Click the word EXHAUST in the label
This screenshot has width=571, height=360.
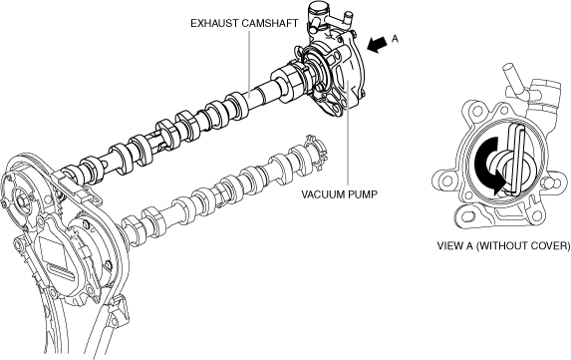(214, 23)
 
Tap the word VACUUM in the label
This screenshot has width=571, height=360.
(323, 194)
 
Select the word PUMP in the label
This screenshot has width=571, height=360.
(363, 194)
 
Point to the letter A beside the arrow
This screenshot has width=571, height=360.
(395, 39)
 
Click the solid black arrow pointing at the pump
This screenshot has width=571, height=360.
(378, 45)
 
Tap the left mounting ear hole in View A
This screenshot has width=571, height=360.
(445, 180)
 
